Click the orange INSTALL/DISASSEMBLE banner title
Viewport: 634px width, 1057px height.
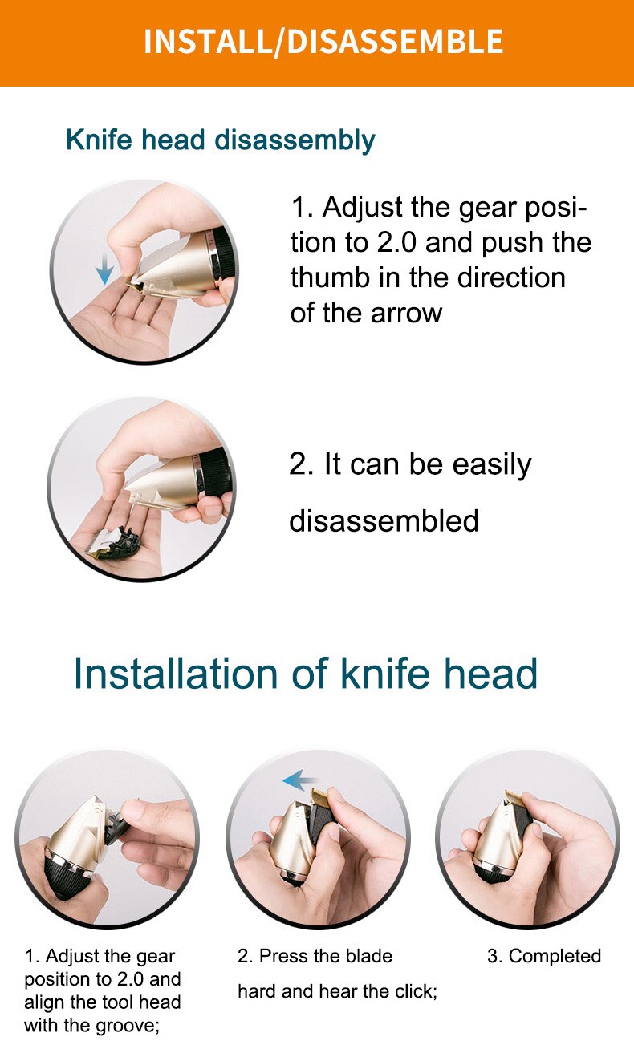pyautogui.click(x=323, y=42)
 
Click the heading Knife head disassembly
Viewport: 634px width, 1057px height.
pyautogui.click(x=220, y=140)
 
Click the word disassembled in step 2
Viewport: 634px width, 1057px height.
pyautogui.click(x=384, y=521)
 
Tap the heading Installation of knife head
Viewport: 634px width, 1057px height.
pyautogui.click(x=305, y=674)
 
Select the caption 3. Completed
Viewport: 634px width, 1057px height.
pyautogui.click(x=543, y=956)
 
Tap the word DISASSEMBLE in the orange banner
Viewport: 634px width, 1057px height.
pyautogui.click(x=395, y=42)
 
